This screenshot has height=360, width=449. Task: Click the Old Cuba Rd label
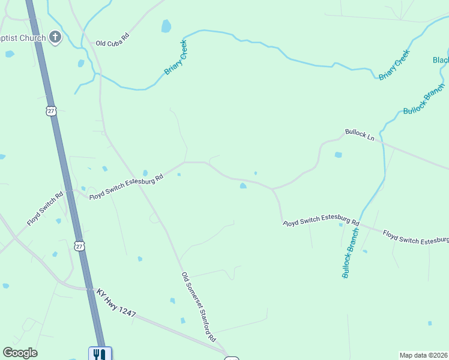[113, 40]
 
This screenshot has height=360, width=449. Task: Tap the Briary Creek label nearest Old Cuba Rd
[176, 58]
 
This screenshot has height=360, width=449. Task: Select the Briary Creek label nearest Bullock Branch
[394, 65]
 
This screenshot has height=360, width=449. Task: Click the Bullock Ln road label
[359, 134]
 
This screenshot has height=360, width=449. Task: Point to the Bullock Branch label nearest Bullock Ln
[424, 98]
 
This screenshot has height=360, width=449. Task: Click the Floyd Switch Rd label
[45, 209]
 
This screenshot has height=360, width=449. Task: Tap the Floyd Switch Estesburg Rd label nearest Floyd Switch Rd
[126, 187]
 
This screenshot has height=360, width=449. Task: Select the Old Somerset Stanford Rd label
[199, 306]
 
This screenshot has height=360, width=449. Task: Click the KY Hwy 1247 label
[116, 304]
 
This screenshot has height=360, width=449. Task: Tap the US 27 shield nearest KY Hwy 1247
[80, 246]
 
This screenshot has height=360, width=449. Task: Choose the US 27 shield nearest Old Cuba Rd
[50, 110]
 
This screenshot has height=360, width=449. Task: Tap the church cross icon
[55, 38]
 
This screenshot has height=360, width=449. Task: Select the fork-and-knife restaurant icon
[97, 354]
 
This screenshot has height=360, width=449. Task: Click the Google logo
[20, 353]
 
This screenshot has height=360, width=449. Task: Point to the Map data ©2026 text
[423, 355]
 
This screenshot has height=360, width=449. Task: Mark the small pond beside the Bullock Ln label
[338, 155]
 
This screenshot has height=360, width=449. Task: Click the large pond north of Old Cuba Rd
[166, 26]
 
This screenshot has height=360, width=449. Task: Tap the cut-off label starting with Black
[441, 60]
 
